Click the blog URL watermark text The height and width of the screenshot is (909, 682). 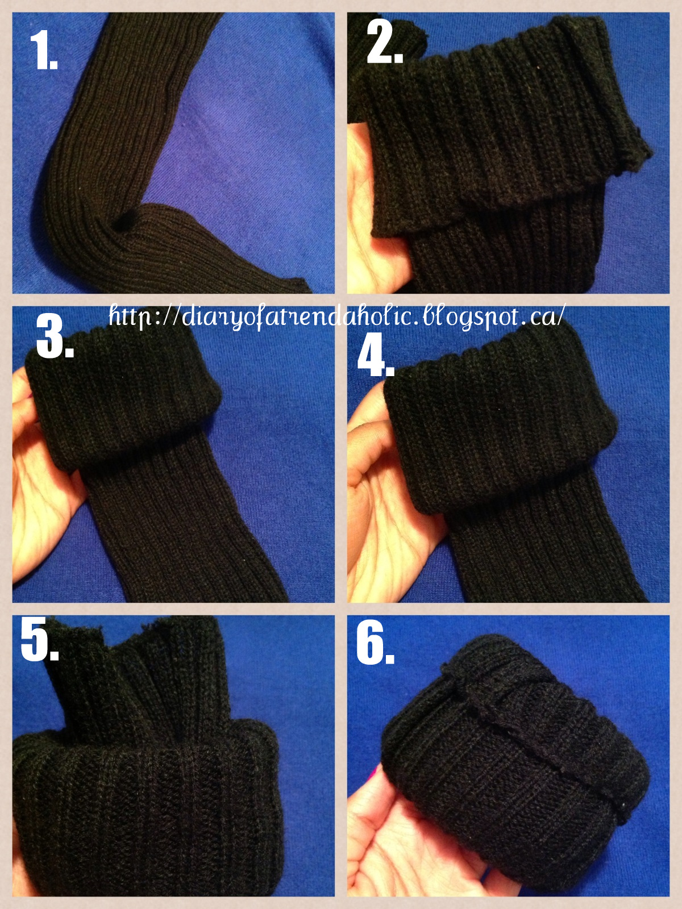pyautogui.click(x=336, y=318)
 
